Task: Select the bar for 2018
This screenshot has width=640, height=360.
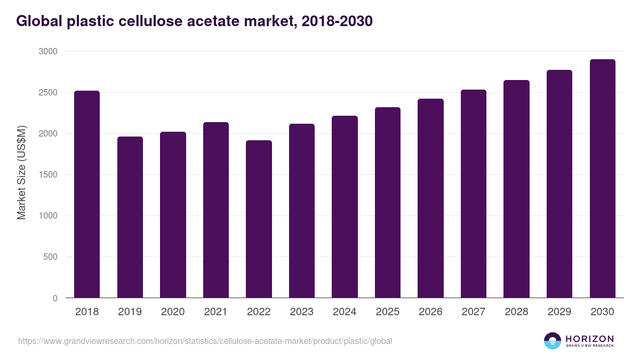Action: coord(87,194)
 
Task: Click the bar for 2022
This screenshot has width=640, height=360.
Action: coord(259,219)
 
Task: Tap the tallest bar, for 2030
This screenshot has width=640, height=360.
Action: coord(602,179)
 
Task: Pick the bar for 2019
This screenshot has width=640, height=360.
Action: coord(130,217)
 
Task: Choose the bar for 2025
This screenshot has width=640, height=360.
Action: coord(388,203)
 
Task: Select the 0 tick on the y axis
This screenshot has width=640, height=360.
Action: coord(55,298)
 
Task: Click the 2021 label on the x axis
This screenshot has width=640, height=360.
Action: coord(215,312)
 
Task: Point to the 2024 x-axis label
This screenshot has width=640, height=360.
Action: coord(345,312)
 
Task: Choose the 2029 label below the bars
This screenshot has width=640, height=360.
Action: coord(559,312)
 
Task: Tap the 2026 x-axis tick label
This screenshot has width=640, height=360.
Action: coord(430,312)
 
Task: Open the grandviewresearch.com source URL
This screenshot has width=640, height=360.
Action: coord(205,341)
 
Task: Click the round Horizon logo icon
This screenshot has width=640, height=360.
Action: coord(553,341)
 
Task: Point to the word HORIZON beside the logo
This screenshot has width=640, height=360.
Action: coord(589,339)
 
